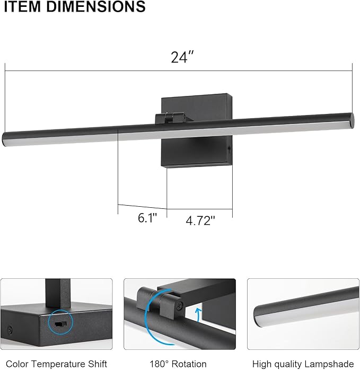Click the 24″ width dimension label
[x=180, y=58]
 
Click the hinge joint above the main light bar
[x=171, y=117]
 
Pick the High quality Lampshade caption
[x=303, y=364]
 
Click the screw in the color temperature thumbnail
[x=9, y=330]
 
